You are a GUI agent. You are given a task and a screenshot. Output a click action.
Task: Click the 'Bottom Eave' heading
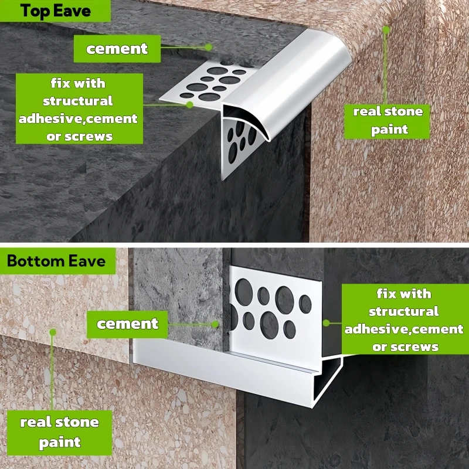tap(56, 261)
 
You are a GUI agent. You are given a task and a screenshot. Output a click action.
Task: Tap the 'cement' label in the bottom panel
tap(127, 324)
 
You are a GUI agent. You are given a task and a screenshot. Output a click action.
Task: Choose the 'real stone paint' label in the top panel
tap(388, 120)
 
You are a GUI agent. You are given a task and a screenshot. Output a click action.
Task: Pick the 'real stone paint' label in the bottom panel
tap(59, 431)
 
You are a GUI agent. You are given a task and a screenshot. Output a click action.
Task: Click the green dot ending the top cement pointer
tap(208, 47)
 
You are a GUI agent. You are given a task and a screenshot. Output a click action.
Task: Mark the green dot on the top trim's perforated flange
tap(189, 104)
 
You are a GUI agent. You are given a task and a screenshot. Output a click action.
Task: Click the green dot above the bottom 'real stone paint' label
tap(52, 332)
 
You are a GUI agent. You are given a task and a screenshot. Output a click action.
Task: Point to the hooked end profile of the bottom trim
tap(328, 381)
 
